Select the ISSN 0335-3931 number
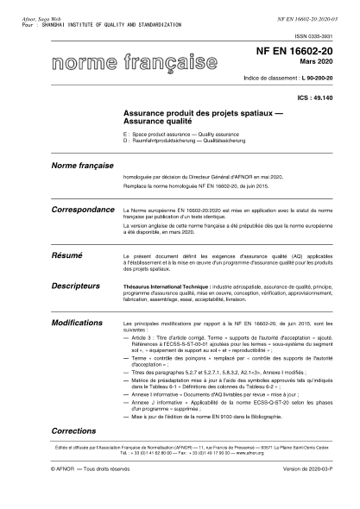click(x=319, y=38)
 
